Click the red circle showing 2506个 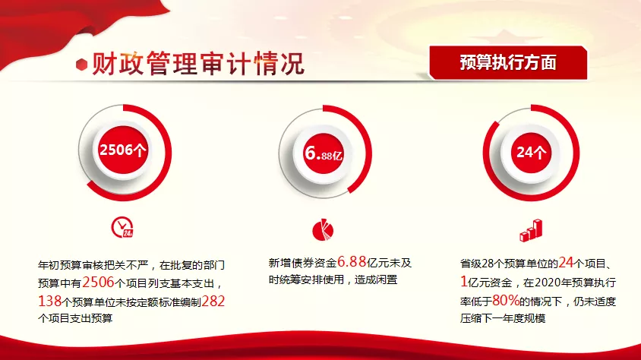122,150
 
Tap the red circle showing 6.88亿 324,153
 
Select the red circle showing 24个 531,153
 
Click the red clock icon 122,227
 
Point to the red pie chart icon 323,229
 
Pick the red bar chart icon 531,230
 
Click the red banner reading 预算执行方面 508,62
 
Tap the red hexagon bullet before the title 82,65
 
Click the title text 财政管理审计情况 198,63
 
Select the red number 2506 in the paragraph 98,282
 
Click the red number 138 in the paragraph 49,302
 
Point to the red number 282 213,302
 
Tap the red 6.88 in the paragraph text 352,261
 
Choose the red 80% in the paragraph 506,301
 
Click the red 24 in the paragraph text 566,262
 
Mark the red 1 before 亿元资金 463,282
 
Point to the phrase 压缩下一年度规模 503,318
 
